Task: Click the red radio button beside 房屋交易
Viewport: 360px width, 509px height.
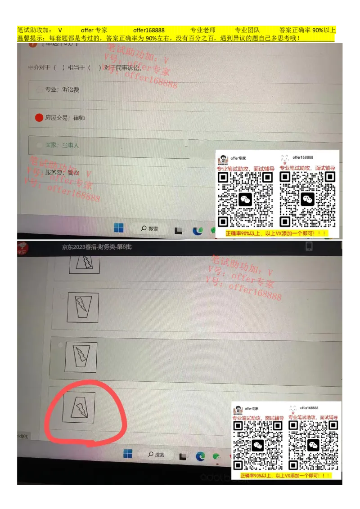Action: pyautogui.click(x=39, y=118)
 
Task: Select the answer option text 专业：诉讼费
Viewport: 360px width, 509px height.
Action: pyautogui.click(x=62, y=90)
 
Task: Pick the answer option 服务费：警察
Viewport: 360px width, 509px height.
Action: pyautogui.click(x=62, y=172)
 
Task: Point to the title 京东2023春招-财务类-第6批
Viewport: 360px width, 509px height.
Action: pyautogui.click(x=97, y=247)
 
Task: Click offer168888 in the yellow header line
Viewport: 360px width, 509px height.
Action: pyautogui.click(x=148, y=30)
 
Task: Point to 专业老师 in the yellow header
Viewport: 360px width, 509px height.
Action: pyautogui.click(x=203, y=30)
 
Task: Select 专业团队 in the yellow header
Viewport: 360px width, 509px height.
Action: pyautogui.click(x=247, y=30)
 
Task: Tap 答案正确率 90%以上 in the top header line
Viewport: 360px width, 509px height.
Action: pyautogui.click(x=307, y=30)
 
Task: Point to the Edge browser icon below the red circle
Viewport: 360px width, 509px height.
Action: pyautogui.click(x=200, y=456)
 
